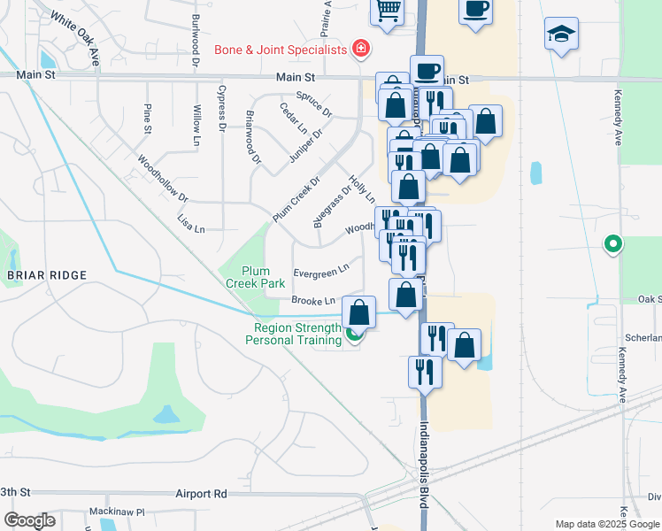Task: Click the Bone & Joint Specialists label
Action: click(x=281, y=50)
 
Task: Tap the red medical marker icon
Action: click(x=360, y=49)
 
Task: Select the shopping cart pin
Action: click(x=387, y=11)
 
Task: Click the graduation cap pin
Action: click(x=560, y=35)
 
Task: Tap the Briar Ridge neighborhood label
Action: click(x=47, y=275)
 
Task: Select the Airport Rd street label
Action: click(x=202, y=494)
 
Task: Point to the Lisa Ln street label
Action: click(x=191, y=223)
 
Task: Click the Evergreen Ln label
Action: click(x=320, y=268)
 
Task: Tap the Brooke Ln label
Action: click(x=313, y=302)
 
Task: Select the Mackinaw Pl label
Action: click(x=116, y=512)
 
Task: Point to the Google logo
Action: click(x=29, y=520)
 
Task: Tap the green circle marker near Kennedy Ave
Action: click(x=612, y=243)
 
